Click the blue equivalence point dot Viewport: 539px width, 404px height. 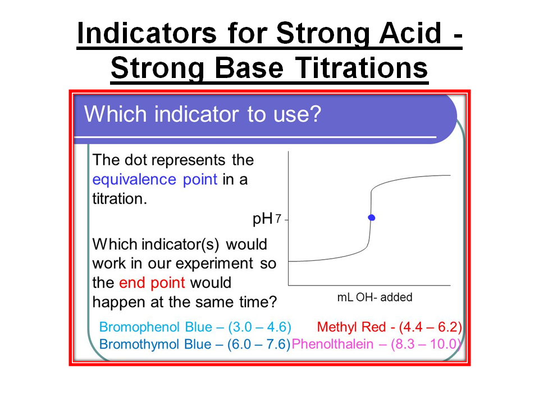click(x=372, y=218)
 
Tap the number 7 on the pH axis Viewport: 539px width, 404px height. click(x=278, y=218)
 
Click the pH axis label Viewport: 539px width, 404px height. click(x=263, y=219)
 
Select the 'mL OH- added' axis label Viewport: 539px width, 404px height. click(x=374, y=297)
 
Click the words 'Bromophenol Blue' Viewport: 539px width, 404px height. click(x=156, y=327)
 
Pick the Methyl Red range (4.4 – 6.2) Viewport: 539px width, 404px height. click(x=431, y=327)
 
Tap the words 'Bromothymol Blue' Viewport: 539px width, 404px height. click(x=155, y=344)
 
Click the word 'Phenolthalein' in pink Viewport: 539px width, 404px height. click(x=332, y=344)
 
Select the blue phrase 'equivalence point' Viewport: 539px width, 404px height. click(x=155, y=180)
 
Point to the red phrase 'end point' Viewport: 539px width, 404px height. click(x=152, y=283)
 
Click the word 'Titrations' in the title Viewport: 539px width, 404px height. click(x=362, y=68)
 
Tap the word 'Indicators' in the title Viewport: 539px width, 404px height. click(x=147, y=33)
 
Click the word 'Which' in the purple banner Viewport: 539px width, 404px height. click(x=116, y=114)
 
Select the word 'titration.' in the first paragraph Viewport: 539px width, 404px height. click(x=120, y=199)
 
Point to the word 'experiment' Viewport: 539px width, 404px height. click(x=214, y=264)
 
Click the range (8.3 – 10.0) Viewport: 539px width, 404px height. click(x=426, y=344)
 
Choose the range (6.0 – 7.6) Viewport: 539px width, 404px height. click(x=259, y=344)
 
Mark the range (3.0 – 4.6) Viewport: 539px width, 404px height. click(x=259, y=327)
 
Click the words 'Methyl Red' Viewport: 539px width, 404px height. click(x=351, y=327)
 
